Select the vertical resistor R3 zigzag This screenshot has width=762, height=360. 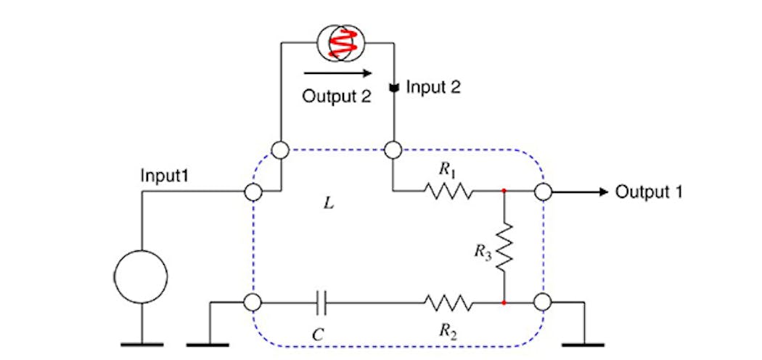pos(503,247)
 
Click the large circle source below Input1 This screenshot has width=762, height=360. pos(141,276)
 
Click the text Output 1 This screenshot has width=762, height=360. pos(649,192)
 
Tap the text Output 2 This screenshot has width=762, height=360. pos(336,97)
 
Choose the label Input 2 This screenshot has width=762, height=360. pos(433,88)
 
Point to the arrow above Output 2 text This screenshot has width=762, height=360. pos(337,73)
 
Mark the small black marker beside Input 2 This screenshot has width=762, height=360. pos(393,89)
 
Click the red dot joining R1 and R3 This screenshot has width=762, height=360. pos(503,192)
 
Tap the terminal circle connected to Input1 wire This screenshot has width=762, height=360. pos(253,192)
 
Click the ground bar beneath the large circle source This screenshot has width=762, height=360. pos(141,343)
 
